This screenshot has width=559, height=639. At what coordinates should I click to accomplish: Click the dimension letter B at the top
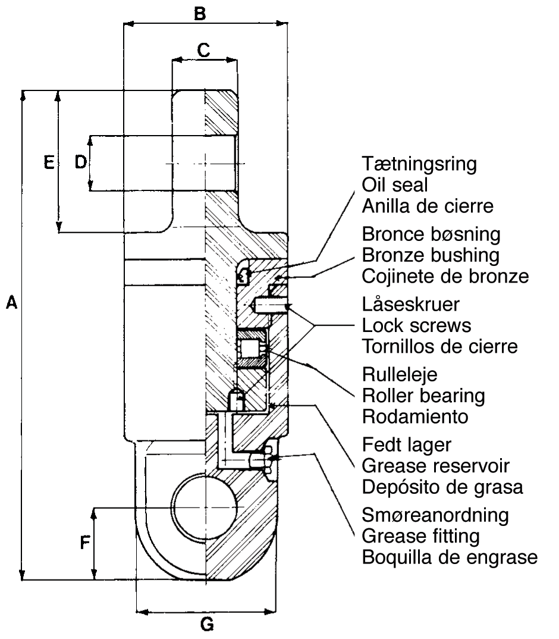200,13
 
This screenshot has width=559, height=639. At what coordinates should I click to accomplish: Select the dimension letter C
203,51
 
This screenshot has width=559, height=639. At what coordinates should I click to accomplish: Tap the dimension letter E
49,162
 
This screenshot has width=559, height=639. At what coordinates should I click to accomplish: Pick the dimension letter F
86,543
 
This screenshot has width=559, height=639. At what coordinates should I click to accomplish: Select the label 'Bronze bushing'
431,255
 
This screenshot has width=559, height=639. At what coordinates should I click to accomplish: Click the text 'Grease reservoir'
436,465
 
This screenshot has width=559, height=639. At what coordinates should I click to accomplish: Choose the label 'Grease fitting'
420,536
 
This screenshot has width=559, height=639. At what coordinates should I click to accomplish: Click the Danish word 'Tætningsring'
419,164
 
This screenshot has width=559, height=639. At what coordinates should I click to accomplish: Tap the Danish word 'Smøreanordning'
435,515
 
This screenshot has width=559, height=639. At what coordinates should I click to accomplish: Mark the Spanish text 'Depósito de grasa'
442,487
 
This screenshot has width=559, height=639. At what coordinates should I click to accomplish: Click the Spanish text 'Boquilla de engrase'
450,557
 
